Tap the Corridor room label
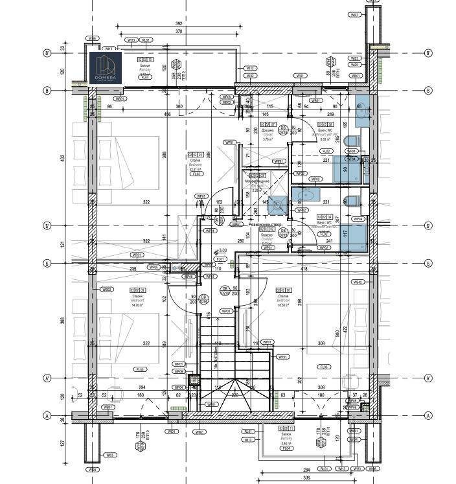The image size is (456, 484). pyautogui.click(x=266, y=239)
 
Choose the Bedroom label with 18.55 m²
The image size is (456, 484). pyautogui.click(x=283, y=301)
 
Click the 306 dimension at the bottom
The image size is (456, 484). pyautogui.click(x=308, y=478)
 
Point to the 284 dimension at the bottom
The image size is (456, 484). pyautogui.click(x=308, y=469)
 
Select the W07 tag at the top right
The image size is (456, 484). pyautogui.click(x=354, y=14)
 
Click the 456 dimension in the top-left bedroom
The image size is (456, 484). pyautogui.click(x=167, y=115)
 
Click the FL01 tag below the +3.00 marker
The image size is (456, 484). pyautogui.click(x=220, y=259)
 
